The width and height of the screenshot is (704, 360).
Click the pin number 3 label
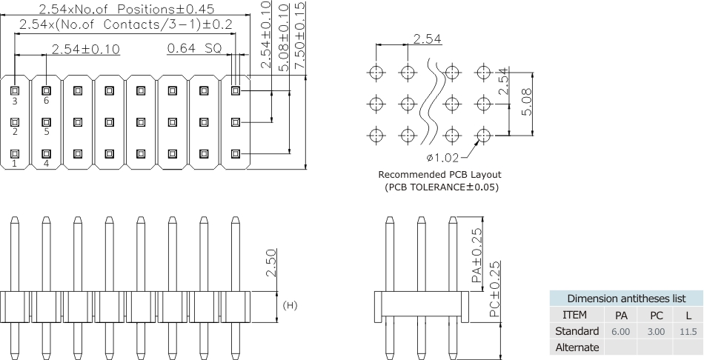(x=14, y=100)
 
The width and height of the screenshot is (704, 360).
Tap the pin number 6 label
(x=46, y=100)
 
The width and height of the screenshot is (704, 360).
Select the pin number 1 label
(x=14, y=164)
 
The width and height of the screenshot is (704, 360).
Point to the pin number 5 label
(x=46, y=132)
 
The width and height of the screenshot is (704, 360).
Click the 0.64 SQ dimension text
(x=194, y=49)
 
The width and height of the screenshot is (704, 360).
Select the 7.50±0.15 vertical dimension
(x=299, y=35)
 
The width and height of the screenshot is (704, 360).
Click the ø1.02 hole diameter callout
(x=443, y=157)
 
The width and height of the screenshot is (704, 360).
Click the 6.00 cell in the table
(x=621, y=331)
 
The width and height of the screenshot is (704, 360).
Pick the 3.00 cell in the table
(x=656, y=331)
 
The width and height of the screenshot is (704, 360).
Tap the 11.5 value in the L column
(x=688, y=331)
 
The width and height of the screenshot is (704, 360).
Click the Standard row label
(x=577, y=331)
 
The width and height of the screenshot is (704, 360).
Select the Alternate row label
(x=577, y=347)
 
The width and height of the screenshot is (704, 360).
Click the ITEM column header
(x=577, y=315)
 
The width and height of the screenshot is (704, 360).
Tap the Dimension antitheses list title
(x=625, y=299)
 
